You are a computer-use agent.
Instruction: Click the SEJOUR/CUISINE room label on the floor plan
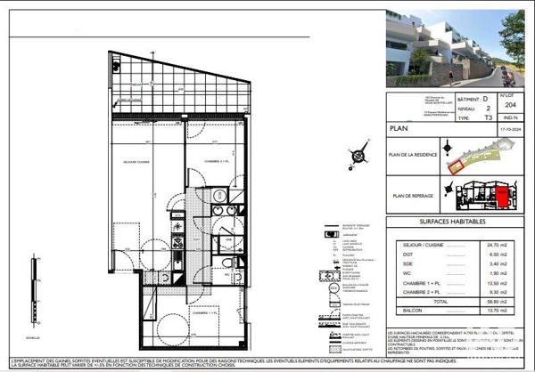click(137, 160)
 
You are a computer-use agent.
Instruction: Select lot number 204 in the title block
click(511, 103)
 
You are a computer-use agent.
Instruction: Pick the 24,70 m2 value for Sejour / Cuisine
click(497, 243)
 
